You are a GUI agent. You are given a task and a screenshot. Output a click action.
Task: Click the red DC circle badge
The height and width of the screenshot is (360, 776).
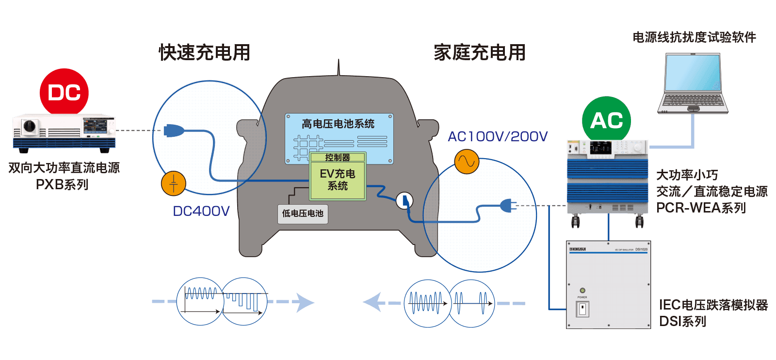pyautogui.click(x=64, y=92)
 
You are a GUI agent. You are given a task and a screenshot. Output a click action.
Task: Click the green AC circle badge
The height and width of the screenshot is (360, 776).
pyautogui.click(x=606, y=120)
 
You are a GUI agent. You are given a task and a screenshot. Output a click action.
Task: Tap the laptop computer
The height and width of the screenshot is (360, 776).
pyautogui.click(x=693, y=83)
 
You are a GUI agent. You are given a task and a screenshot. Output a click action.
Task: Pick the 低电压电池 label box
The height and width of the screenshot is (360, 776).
pyautogui.click(x=303, y=213)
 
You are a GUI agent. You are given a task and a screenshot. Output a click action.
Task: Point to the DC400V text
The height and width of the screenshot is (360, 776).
pyautogui.click(x=201, y=211)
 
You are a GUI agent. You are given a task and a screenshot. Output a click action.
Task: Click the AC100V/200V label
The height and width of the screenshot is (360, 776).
pyautogui.click(x=497, y=136)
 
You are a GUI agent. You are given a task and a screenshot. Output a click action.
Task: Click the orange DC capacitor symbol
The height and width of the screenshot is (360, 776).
pyautogui.click(x=173, y=183)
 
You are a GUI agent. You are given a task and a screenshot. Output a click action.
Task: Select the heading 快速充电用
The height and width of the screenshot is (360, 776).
pyautogui.click(x=204, y=52)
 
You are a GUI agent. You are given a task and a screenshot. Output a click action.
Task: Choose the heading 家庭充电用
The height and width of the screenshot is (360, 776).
pyautogui.click(x=479, y=52)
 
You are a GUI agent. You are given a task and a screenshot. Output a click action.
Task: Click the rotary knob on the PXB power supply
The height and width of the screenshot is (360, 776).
pyautogui.click(x=30, y=126)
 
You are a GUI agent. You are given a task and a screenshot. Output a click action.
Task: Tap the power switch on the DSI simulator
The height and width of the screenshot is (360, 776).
pyautogui.click(x=582, y=309)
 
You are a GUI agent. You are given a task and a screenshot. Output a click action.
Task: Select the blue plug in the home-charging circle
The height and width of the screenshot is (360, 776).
pyautogui.click(x=507, y=206)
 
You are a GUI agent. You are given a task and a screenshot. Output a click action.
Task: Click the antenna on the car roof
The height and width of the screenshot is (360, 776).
pyautogui.click(x=339, y=68)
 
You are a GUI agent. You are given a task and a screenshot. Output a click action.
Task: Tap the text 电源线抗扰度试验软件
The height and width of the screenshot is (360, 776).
pyautogui.click(x=694, y=37)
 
